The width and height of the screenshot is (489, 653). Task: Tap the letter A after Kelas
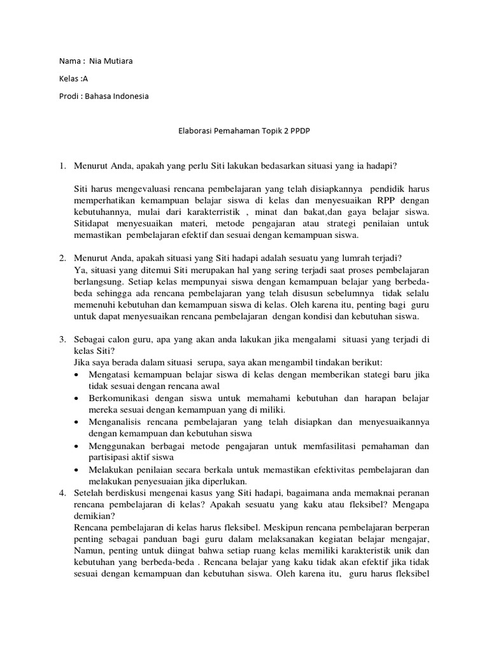coord(84,79)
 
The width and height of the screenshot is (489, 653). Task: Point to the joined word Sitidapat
coord(94,223)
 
